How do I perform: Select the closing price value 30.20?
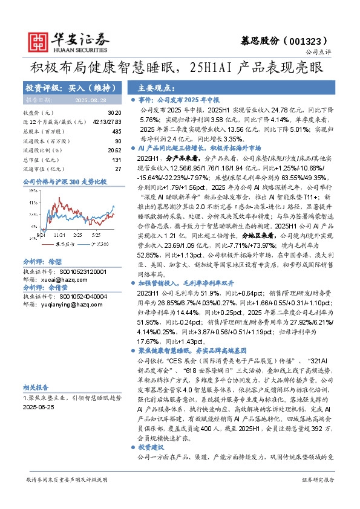114,113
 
